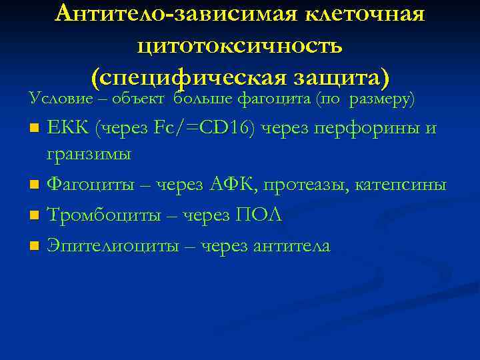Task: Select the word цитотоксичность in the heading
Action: point(240,46)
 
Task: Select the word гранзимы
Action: point(89,154)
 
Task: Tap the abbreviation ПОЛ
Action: point(259,215)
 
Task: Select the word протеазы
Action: point(321,184)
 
